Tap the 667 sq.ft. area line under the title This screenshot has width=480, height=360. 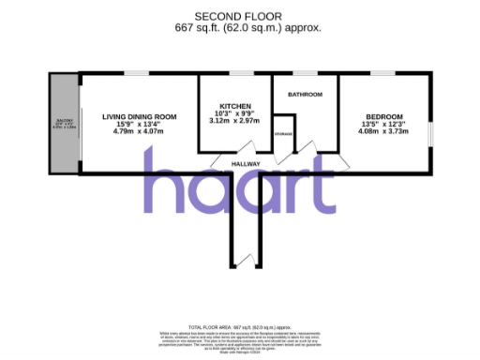click(247, 27)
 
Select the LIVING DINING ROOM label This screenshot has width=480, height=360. click(139, 117)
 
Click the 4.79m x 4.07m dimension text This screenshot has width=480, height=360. click(139, 131)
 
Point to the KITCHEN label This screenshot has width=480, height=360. click(233, 106)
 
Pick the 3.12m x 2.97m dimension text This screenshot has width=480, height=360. click(233, 121)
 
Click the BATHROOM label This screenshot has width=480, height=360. click(306, 95)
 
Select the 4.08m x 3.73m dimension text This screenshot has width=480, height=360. click(382, 131)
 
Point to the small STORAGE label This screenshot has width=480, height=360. click(284, 136)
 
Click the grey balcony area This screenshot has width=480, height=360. click(62, 122)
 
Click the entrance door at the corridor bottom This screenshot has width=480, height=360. click(247, 258)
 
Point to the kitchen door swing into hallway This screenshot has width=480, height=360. click(247, 148)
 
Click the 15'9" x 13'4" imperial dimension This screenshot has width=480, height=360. click(139, 125)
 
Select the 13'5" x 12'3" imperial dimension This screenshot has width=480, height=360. click(382, 125)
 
